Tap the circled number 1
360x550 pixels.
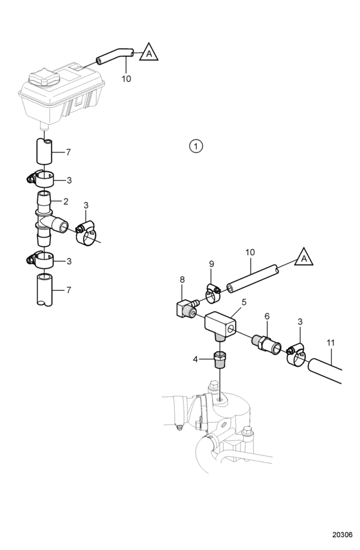coord(196,146)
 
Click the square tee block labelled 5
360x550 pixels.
coord(221,325)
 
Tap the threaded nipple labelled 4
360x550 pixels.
coord(219,360)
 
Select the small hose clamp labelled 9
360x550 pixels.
coord(212,293)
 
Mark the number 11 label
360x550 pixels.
coord(330,343)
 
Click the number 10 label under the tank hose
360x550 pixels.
coord(126,79)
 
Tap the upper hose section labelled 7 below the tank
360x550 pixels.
coord(44,151)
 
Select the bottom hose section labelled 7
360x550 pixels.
coord(44,289)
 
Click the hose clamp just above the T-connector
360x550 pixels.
coord(40,179)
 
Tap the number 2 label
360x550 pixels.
coord(66,202)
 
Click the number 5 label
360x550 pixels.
coord(244,302)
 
